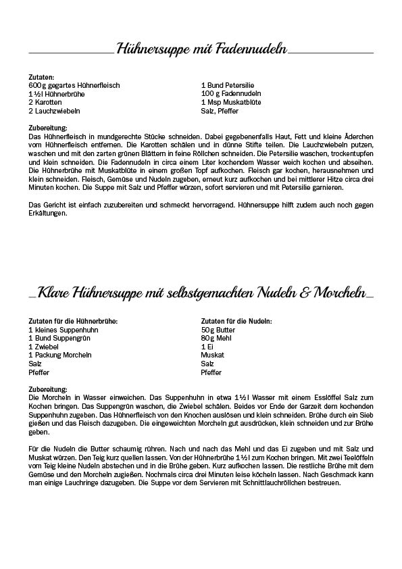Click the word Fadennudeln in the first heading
coord(251,49)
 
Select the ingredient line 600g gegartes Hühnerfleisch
coord(74,86)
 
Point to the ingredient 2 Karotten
coord(46,102)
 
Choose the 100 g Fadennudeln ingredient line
coord(231,94)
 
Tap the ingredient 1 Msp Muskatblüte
coord(231,102)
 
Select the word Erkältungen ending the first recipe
coord(48,214)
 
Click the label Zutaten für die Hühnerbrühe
coord(74,321)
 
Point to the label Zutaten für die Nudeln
coord(236,321)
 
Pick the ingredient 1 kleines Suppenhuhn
coord(64,329)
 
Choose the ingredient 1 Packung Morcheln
coord(60,355)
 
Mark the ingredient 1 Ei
coord(207,346)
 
